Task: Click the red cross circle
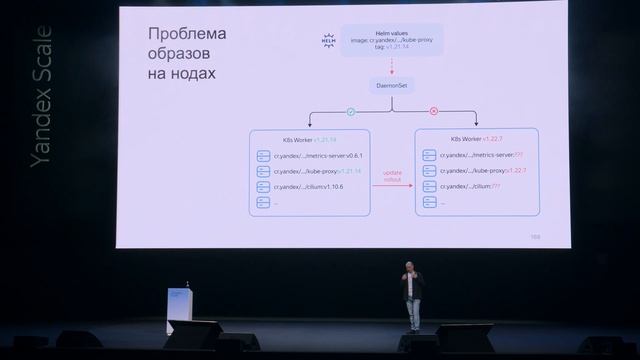pyautogui.click(x=433, y=111)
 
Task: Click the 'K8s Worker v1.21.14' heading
pyautogui.click(x=309, y=139)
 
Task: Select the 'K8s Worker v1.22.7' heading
pyautogui.click(x=476, y=139)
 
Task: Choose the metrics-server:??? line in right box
pyautogui.click(x=483, y=156)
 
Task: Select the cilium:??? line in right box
pyautogui.click(x=476, y=187)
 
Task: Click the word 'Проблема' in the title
pyautogui.click(x=187, y=35)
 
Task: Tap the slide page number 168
pyautogui.click(x=535, y=237)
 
